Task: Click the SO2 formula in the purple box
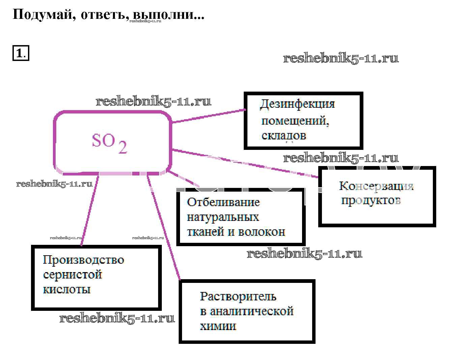point(109,143)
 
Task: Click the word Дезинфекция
point(297,104)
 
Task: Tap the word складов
point(284,135)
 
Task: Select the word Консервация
point(376,186)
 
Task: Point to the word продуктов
point(371,200)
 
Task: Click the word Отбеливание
point(223,202)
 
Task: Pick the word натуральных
point(223,217)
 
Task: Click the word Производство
point(83,260)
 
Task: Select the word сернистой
point(72,274)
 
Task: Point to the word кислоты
point(67,289)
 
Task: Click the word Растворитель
point(238,296)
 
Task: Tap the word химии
point(218,326)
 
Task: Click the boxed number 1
point(21,53)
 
